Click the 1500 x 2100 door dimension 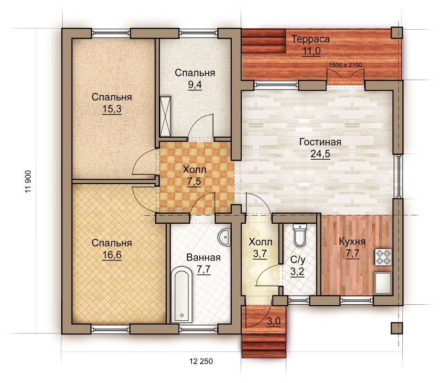click(x=345, y=65)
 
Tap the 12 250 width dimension click(x=201, y=361)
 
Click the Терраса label click(x=310, y=39)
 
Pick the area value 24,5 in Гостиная click(x=320, y=154)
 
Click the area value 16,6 click(x=112, y=255)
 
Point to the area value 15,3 click(x=112, y=109)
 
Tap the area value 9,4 click(x=195, y=84)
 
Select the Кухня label click(x=352, y=242)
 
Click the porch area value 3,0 click(x=274, y=321)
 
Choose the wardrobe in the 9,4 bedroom click(x=165, y=116)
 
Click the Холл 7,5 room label click(x=194, y=170)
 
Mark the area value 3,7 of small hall click(x=260, y=254)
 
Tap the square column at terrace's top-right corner click(x=397, y=33)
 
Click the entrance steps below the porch click(x=264, y=346)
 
